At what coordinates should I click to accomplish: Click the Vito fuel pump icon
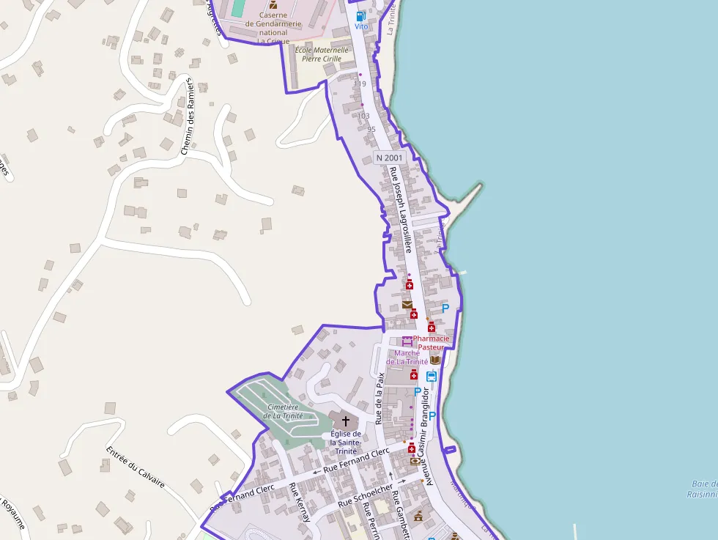point(360,15)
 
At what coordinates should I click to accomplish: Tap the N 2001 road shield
point(389,158)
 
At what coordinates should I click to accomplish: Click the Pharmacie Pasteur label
point(432,343)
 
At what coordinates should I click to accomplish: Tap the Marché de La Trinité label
point(407,357)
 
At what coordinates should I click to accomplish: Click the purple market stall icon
point(407,341)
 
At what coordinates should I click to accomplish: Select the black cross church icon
point(344,421)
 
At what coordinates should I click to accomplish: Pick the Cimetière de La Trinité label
point(283,411)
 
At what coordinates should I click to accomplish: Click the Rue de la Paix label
point(380,398)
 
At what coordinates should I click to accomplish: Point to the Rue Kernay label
point(300,502)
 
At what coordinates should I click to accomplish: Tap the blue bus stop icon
point(432,377)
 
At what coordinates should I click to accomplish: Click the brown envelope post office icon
point(407,304)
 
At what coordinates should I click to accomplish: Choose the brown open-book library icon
point(434,360)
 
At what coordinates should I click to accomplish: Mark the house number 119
point(360,84)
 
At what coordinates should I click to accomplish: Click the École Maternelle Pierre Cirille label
point(322,54)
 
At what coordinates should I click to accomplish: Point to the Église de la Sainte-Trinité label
point(344,443)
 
